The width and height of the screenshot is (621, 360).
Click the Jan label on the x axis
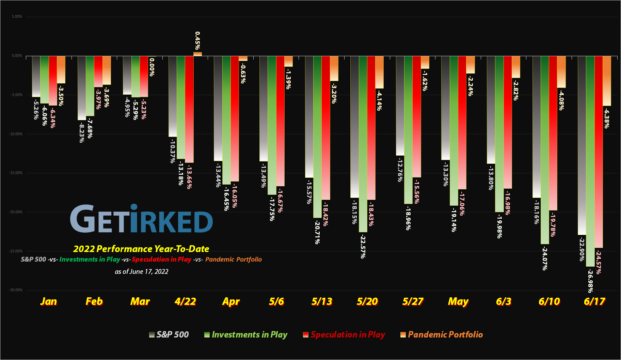click(x=48, y=301)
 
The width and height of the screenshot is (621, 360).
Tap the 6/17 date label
click(x=594, y=301)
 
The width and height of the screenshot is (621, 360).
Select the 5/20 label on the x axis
click(x=367, y=301)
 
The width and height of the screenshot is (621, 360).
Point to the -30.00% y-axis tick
click(x=16, y=290)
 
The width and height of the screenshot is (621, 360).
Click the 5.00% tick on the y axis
click(x=17, y=16)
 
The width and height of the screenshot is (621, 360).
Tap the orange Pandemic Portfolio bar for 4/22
click(x=197, y=54)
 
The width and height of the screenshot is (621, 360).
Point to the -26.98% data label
click(x=590, y=281)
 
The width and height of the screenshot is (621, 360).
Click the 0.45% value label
click(x=197, y=41)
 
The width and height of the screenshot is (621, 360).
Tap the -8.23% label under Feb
click(x=82, y=133)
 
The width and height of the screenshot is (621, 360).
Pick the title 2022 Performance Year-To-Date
click(x=141, y=249)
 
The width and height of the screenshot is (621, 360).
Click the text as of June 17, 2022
click(x=141, y=271)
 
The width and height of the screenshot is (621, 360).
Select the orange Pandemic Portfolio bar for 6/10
click(x=561, y=72)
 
